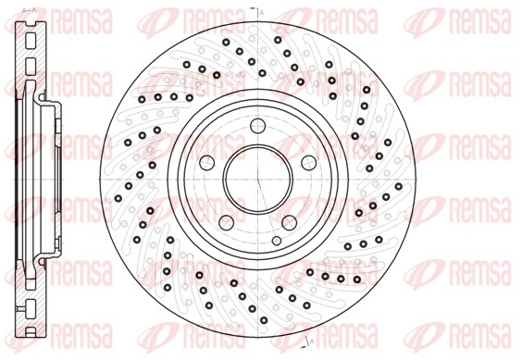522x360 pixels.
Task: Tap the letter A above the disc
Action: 262,11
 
